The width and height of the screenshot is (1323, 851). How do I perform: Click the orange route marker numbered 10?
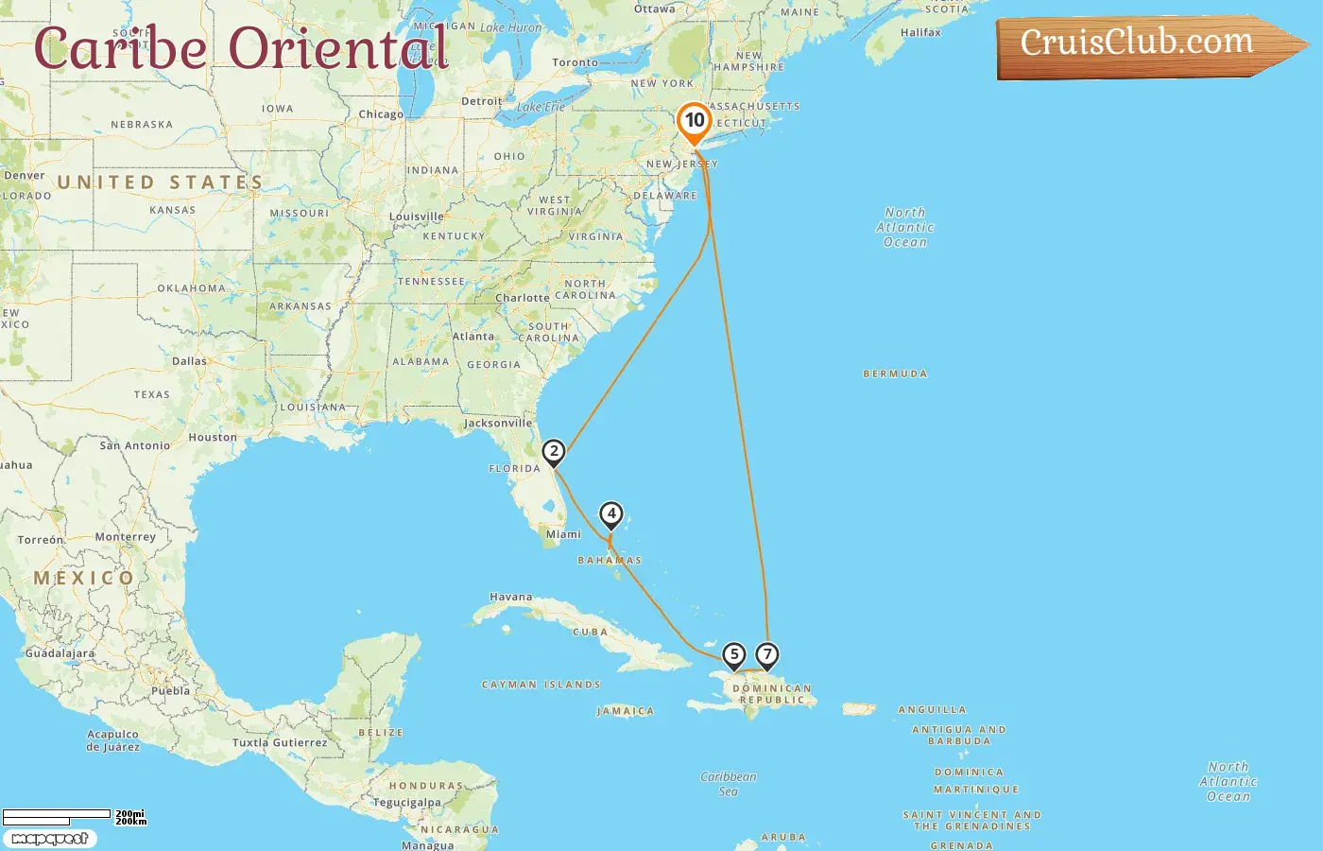[695, 121]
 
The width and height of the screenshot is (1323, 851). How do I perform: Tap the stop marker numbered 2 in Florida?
[554, 452]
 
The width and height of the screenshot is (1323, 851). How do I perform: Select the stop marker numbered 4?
[611, 514]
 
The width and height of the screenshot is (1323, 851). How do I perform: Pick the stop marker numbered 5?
[734, 654]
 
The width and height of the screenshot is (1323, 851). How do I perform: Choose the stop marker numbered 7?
[767, 654]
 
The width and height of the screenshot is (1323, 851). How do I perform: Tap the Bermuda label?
[895, 374]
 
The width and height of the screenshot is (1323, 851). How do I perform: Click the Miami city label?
[563, 535]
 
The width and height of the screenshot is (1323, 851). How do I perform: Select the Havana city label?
[511, 598]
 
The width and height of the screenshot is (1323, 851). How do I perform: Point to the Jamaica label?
[626, 711]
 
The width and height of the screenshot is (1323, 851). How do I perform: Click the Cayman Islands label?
[541, 685]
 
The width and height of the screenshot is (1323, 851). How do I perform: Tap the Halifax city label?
[920, 33]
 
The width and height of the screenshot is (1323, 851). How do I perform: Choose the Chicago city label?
[381, 114]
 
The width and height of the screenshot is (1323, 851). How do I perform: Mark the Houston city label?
[213, 438]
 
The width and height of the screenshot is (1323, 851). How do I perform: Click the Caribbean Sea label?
[729, 784]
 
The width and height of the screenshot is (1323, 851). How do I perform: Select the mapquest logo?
[50, 839]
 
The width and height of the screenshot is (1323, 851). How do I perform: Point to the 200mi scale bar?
[57, 814]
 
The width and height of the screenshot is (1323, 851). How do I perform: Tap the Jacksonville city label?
[498, 424]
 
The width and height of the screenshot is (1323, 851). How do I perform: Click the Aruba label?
[783, 838]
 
